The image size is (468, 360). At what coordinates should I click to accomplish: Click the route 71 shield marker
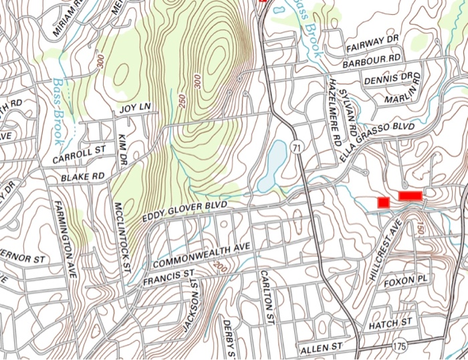296,147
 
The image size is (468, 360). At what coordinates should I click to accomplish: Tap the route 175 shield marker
400,345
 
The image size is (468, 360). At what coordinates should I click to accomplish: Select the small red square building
384,202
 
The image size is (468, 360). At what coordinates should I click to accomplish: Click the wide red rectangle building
410,195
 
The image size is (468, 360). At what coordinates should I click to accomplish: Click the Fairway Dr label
373,43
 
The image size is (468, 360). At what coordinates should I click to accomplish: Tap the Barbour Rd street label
371,61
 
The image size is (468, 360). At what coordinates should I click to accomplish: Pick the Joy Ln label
135,107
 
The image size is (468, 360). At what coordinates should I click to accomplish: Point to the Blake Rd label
83,177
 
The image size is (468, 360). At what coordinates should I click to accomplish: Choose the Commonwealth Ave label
201,254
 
